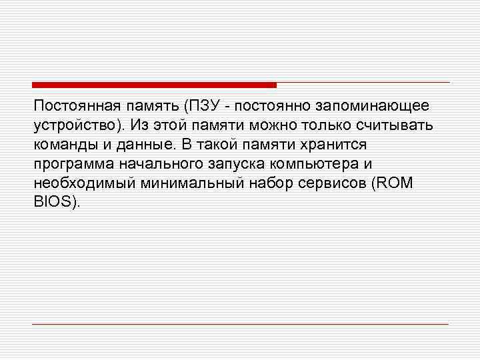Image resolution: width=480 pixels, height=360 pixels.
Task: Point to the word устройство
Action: pyautogui.click(x=73, y=125)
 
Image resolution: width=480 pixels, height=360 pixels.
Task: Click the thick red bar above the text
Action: pyautogui.click(x=154, y=85)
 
